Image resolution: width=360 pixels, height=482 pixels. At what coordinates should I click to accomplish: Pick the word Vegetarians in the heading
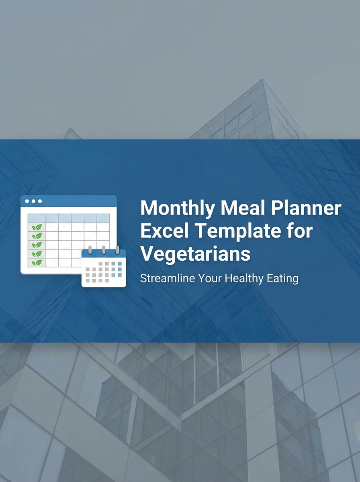click(x=195, y=254)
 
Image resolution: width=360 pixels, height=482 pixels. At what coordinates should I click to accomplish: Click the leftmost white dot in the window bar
click(x=27, y=201)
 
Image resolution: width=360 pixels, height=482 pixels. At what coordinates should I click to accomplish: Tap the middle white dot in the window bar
click(x=33, y=201)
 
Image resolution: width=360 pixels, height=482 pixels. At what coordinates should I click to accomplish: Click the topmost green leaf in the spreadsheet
click(x=37, y=227)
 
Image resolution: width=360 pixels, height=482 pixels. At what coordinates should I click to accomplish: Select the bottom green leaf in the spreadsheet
click(x=37, y=263)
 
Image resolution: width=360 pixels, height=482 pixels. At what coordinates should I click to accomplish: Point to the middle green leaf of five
click(x=37, y=245)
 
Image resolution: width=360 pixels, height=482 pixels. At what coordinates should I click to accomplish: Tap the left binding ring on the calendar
click(x=90, y=249)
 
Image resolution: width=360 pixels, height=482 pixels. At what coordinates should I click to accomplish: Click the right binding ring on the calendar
click(x=117, y=249)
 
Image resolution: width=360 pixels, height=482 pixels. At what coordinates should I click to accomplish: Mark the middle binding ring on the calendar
click(x=104, y=249)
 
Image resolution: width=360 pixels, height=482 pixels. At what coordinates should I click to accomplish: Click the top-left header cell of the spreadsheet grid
click(x=37, y=218)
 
